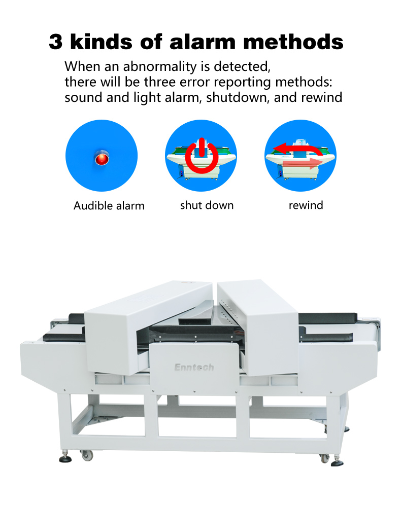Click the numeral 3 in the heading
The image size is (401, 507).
point(56,42)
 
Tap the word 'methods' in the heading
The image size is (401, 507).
point(293,42)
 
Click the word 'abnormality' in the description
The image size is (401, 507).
point(160,67)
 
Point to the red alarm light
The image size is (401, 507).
point(102,158)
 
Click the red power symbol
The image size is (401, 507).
point(202,156)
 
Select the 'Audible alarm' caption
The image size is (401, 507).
point(109,206)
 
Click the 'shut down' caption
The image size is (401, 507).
point(207,205)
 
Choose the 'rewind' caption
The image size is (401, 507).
point(306,205)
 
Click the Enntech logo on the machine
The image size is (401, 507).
point(194,367)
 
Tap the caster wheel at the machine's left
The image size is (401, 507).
point(87,455)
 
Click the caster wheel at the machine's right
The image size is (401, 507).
point(324,458)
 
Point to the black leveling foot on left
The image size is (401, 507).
point(65,458)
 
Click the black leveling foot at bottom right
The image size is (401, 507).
point(337,463)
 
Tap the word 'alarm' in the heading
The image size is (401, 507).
point(203,42)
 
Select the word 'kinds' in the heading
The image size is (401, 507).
point(102,42)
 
